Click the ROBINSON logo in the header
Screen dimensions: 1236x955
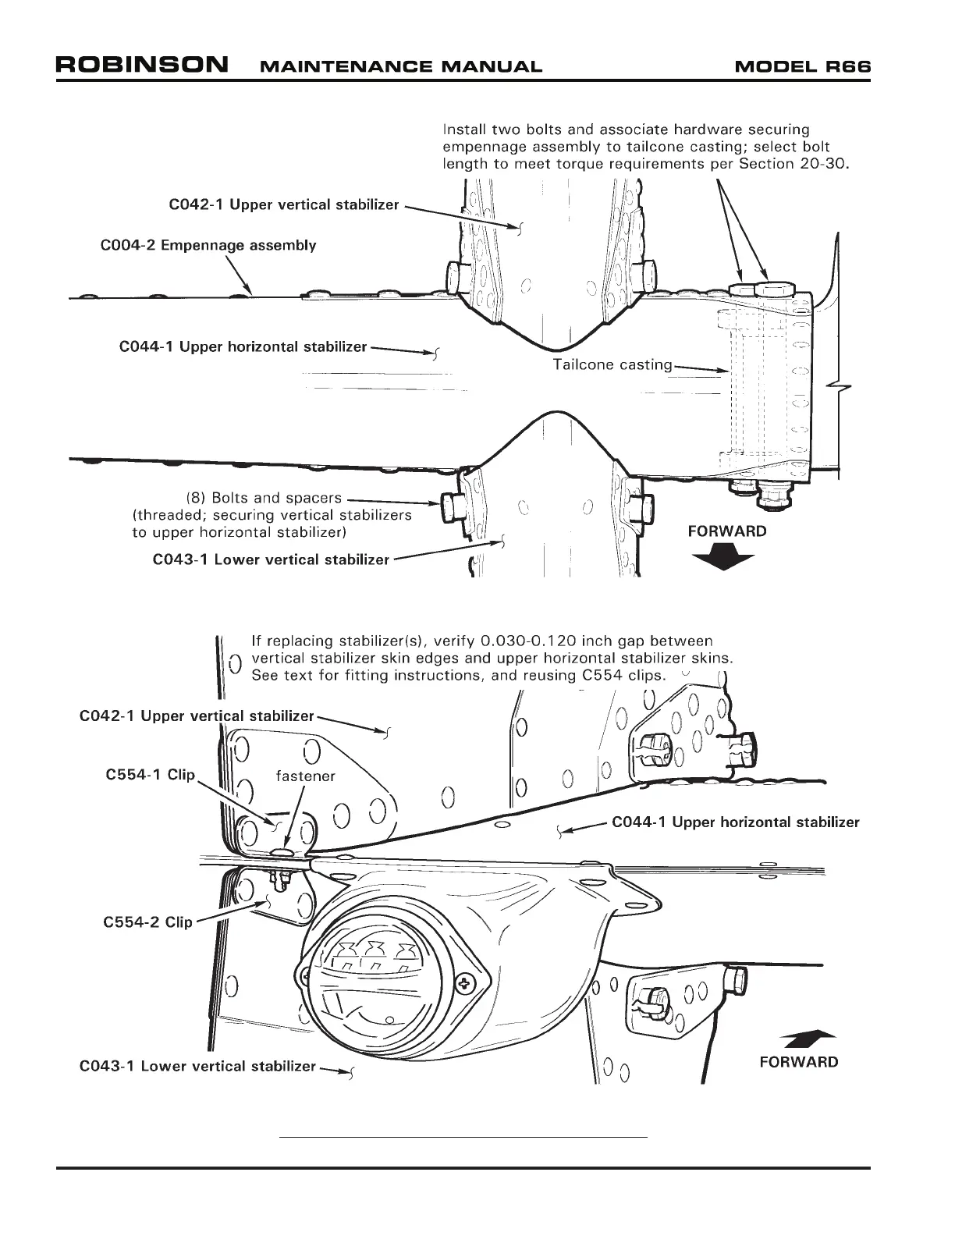(142, 64)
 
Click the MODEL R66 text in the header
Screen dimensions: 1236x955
(802, 66)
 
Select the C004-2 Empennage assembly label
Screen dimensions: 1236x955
(208, 245)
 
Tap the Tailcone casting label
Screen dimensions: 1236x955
(612, 364)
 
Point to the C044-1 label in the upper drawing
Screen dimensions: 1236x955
(243, 346)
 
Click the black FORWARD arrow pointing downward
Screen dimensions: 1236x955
(722, 559)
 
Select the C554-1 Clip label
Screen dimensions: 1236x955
(150, 776)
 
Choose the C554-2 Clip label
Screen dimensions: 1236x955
(147, 922)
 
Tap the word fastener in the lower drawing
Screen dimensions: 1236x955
(306, 776)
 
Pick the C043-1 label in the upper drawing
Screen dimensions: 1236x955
(271, 559)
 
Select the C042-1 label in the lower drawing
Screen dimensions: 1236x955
(197, 716)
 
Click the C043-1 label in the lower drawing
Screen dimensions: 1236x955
(198, 1066)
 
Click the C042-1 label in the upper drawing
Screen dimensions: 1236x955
(284, 205)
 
